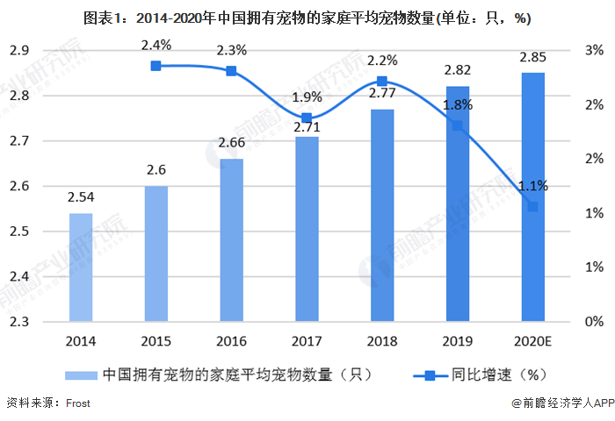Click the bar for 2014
coord(80,268)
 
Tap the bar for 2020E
coord(532,197)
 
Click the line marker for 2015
coord(156,66)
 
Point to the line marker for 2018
coord(382,82)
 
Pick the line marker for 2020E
coord(532,207)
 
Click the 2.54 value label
coord(80,199)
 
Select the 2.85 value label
coord(532,57)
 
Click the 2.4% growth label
coord(156,45)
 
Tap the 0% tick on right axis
coord(593,322)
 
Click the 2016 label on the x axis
coord(231,340)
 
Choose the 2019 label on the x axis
coord(457,340)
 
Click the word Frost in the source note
coord(76,403)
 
